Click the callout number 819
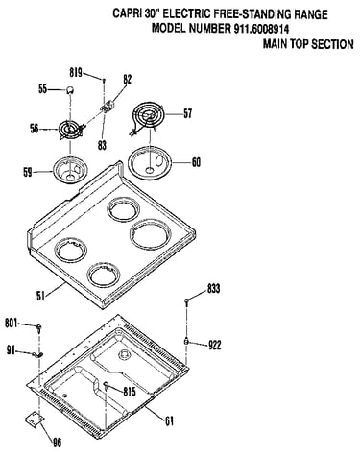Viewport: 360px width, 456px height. point(76,73)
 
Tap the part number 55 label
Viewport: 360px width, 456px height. point(43,89)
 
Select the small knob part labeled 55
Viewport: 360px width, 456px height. point(70,90)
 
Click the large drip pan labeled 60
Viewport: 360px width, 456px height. point(150,163)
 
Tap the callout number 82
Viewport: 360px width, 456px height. point(128,80)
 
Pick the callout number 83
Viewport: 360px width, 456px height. point(102,146)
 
